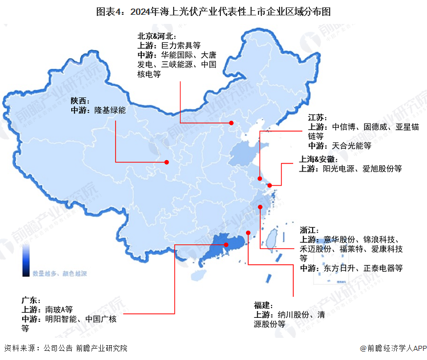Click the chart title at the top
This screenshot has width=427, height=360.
tap(213, 11)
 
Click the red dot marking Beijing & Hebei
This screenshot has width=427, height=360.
tap(231, 123)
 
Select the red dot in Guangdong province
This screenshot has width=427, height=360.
tap(226, 244)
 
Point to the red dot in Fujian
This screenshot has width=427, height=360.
tap(249, 232)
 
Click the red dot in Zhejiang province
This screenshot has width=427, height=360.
tap(260, 207)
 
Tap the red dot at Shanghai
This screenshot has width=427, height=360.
tap(270, 185)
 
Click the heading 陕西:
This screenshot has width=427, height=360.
tap(80, 100)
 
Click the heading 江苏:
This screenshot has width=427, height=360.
tap(318, 117)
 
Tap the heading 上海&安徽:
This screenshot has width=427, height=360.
tap(319, 159)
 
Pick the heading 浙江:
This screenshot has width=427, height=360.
tap(310, 230)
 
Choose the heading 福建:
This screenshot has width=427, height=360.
tap(264, 305)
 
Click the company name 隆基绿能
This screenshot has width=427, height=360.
tap(110, 110)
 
